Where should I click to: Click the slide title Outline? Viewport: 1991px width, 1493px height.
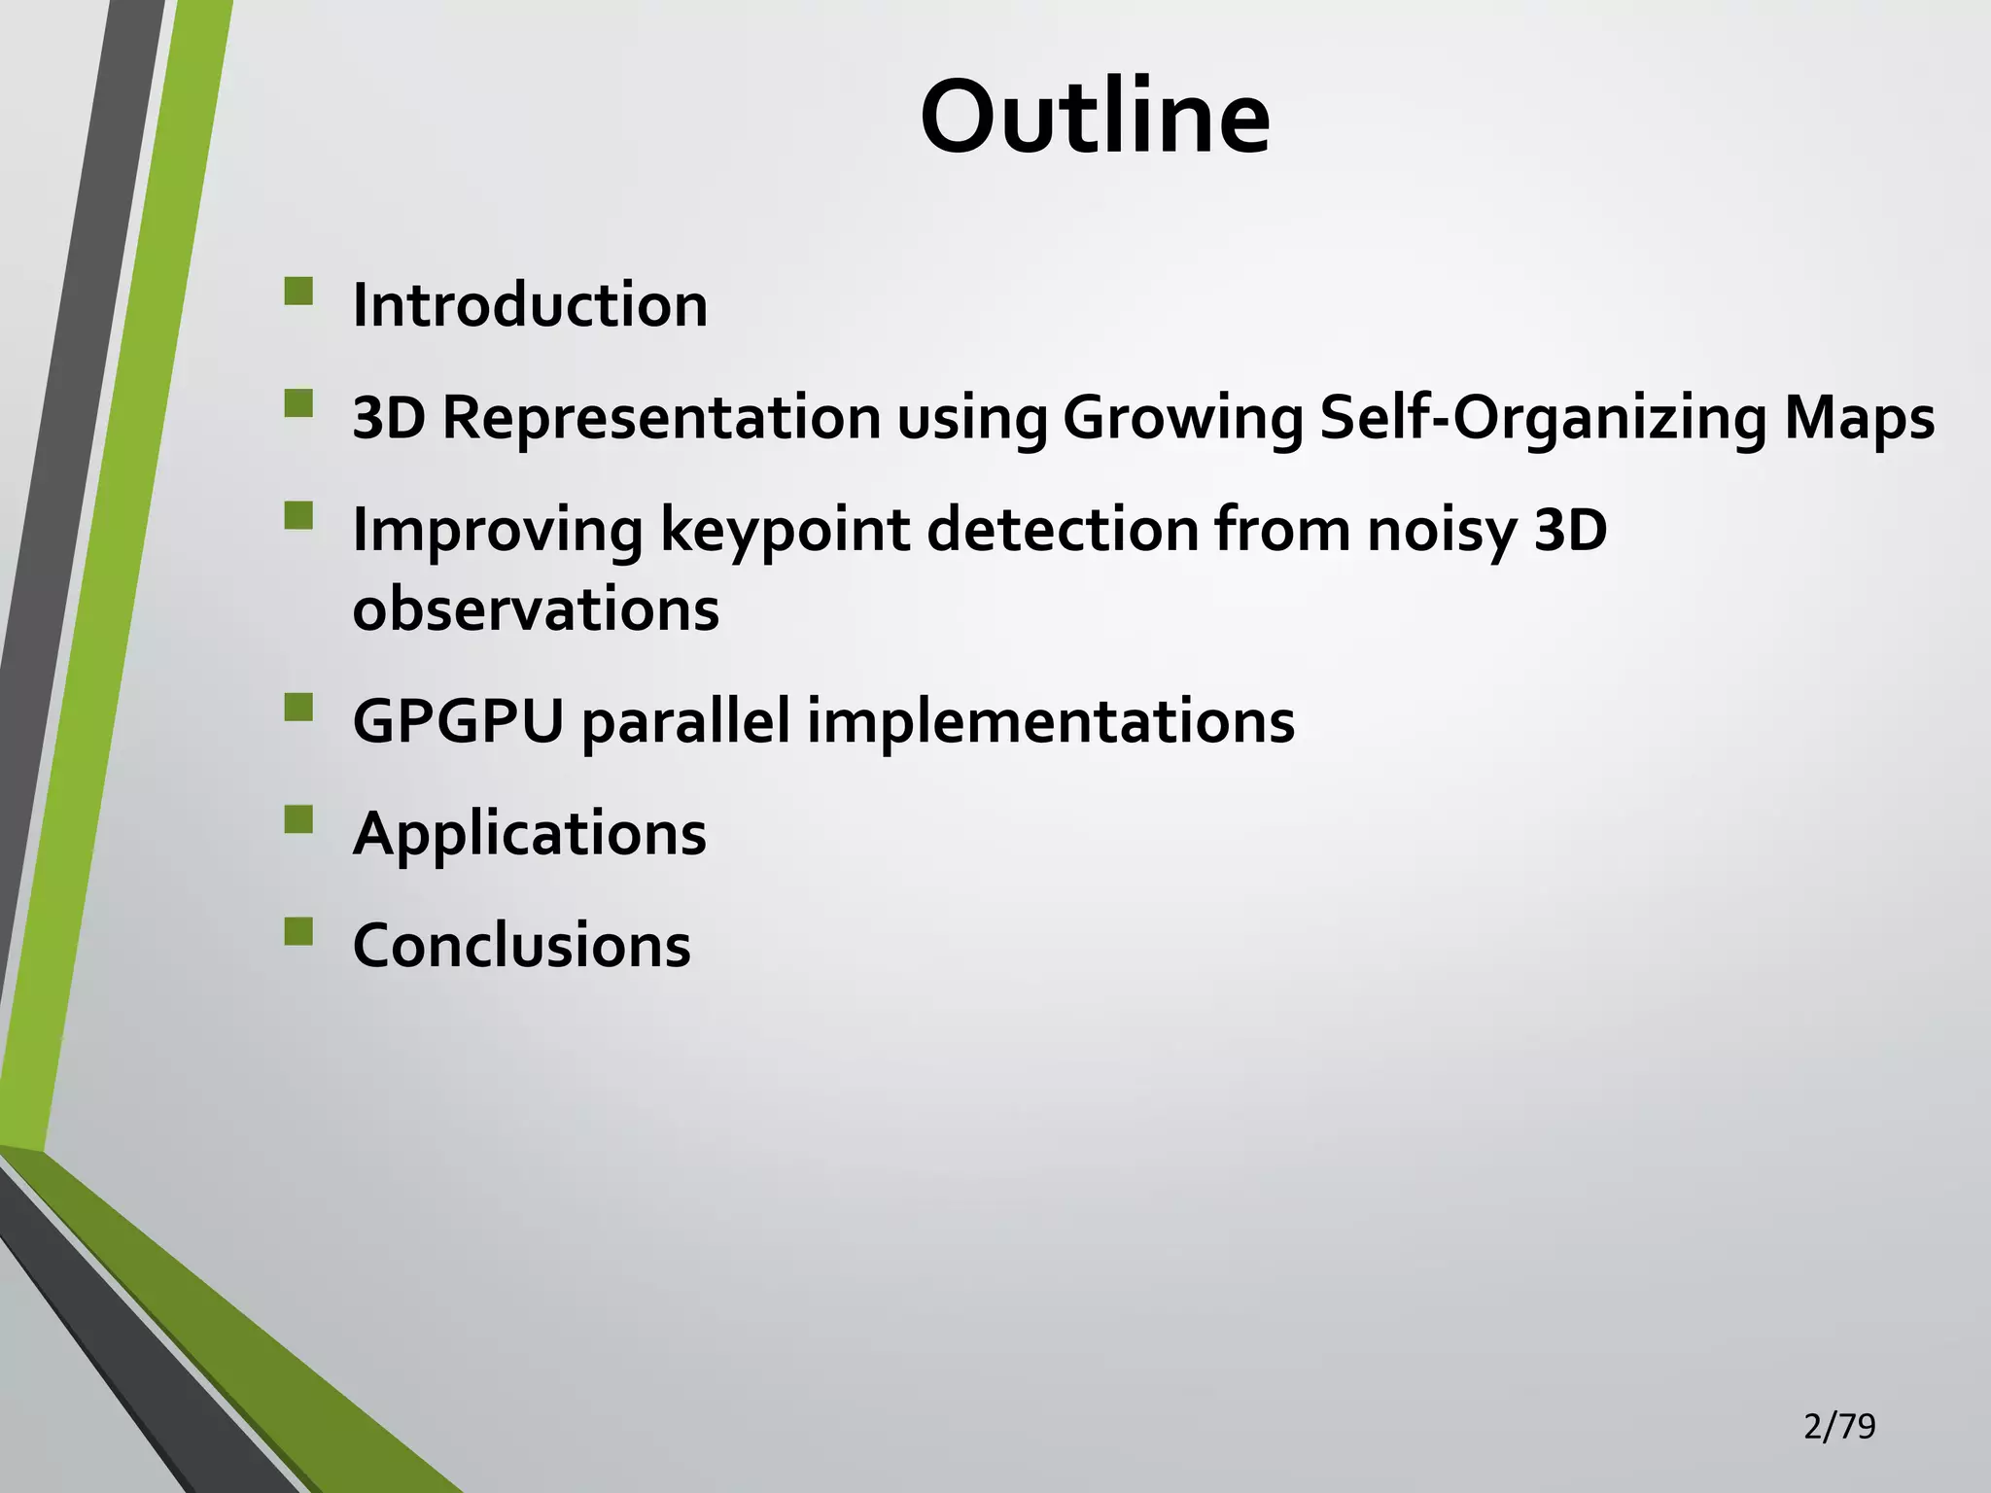[x=1095, y=117]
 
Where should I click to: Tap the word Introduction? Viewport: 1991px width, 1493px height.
[x=530, y=305]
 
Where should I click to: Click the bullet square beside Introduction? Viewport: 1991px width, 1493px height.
[x=299, y=292]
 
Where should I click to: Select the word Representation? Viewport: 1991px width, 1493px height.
[x=661, y=418]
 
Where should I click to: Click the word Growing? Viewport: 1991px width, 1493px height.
[x=1182, y=420]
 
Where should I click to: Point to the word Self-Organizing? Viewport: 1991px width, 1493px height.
[x=1543, y=420]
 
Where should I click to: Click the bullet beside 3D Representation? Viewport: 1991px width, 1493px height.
[x=299, y=403]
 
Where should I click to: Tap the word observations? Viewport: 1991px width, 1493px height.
[x=536, y=609]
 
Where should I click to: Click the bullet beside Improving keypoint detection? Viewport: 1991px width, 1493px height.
[x=299, y=515]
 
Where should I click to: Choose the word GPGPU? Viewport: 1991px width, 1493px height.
[x=458, y=721]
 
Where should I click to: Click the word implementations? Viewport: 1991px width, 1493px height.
[x=1051, y=723]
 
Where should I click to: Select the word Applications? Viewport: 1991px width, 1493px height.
[x=530, y=835]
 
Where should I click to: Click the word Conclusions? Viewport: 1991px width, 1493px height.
[x=522, y=945]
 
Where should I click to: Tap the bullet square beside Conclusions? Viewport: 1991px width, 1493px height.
[x=299, y=932]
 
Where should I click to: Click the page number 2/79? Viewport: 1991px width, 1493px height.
[x=1839, y=1426]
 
